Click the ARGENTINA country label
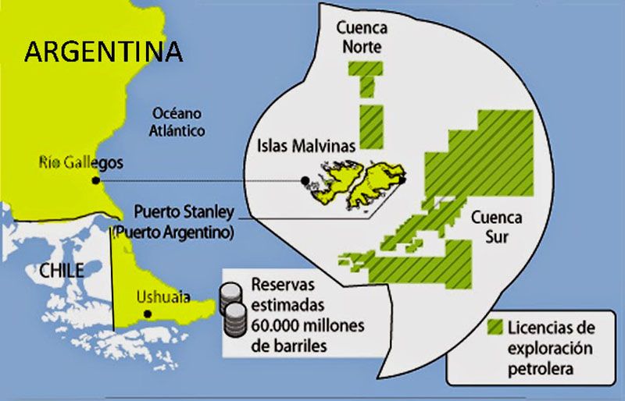click(104, 51)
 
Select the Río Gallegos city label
click(81, 162)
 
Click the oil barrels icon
click(233, 309)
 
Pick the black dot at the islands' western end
click(305, 181)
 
